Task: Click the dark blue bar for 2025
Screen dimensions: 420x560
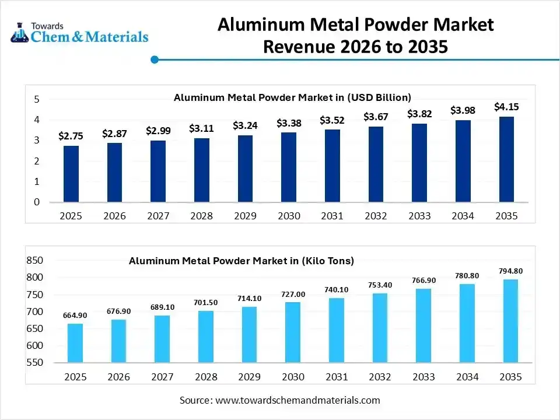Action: (71, 174)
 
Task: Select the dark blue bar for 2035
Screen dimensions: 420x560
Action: (506, 159)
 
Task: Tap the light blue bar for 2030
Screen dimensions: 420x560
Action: (292, 332)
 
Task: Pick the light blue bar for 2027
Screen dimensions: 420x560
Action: (162, 339)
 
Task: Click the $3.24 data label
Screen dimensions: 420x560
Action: (245, 125)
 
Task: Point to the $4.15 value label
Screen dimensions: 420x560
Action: (506, 107)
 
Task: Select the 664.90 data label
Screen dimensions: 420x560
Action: (75, 316)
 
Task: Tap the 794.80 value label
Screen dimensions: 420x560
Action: (510, 271)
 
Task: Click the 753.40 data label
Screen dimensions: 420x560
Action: (380, 285)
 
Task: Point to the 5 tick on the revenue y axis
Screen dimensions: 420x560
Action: (36, 100)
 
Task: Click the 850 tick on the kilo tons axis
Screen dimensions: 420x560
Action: (34, 260)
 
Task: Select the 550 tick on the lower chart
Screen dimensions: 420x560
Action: (34, 363)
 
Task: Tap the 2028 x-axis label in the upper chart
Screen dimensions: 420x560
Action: (201, 216)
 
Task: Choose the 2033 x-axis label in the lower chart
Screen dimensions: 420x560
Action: (423, 377)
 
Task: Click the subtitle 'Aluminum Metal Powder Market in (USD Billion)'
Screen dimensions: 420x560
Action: (292, 97)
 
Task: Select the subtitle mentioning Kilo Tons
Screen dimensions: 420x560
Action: (242, 261)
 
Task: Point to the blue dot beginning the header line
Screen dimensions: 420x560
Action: (155, 60)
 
